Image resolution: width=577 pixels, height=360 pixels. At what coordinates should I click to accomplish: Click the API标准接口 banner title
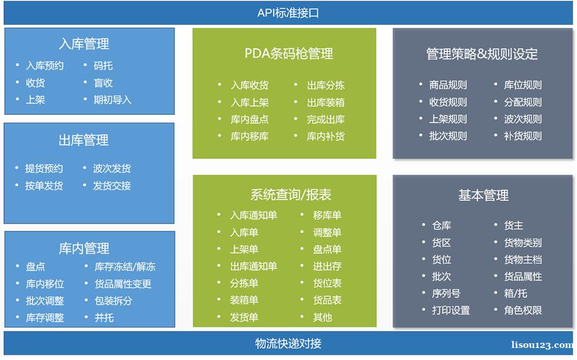(288, 13)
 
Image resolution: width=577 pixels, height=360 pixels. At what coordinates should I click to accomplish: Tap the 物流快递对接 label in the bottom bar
(288, 343)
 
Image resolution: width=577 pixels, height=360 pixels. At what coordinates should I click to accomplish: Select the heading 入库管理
(84, 44)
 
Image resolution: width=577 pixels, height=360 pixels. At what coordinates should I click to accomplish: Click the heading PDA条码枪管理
(289, 53)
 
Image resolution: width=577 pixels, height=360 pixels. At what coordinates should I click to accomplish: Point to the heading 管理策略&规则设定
(482, 54)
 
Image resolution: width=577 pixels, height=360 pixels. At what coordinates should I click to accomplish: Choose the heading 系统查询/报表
(291, 194)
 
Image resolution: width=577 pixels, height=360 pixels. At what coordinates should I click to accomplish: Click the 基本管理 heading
(483, 195)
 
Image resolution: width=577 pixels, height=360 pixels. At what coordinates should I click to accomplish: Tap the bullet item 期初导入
(112, 99)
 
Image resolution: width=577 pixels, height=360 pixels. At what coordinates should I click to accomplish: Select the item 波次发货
(112, 168)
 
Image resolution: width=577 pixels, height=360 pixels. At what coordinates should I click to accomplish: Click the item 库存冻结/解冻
(125, 266)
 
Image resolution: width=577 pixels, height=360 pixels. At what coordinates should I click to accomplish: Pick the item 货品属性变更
(123, 284)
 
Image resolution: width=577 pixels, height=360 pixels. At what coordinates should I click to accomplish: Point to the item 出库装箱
(326, 102)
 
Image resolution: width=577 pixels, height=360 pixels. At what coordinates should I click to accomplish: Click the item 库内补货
(326, 136)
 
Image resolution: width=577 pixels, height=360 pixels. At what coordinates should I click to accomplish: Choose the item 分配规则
(523, 102)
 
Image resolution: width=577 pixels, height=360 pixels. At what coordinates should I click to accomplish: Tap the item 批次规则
(448, 136)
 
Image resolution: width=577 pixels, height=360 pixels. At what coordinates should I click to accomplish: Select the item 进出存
(327, 266)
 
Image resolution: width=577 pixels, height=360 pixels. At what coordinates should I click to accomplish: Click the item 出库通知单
(253, 266)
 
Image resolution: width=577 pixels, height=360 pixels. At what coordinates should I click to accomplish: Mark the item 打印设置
(451, 311)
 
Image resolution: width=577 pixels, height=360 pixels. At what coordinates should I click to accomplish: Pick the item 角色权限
(523, 311)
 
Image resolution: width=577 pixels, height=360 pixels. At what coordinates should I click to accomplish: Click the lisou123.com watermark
(542, 345)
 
